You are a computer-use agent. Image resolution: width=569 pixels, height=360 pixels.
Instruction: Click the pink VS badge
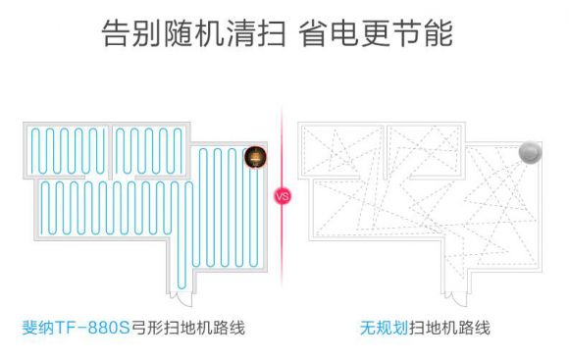coord(283,196)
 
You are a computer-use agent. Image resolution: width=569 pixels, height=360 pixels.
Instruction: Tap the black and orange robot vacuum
coord(255,157)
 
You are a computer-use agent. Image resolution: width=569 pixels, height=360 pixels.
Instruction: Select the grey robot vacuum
coord(530,152)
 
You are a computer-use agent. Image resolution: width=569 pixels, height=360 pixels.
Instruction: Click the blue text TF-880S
coord(92,328)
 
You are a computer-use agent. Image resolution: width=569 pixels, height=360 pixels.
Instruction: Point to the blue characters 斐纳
coord(38,328)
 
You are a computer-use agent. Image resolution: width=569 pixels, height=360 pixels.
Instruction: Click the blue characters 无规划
coord(384,328)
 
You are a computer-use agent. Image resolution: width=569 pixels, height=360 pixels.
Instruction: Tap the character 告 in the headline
coord(116,33)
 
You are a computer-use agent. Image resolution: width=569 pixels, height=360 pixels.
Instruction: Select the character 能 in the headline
coord(439,33)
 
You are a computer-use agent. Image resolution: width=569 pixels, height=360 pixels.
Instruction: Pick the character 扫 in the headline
coord(273,33)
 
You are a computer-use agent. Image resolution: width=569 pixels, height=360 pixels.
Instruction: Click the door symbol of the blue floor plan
coord(181,298)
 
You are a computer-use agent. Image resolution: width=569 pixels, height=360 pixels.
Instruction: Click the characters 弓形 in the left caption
coord(147,328)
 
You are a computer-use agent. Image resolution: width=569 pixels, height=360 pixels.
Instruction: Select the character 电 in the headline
coord(344,33)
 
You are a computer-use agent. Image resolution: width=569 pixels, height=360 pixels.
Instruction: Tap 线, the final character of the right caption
coord(483,328)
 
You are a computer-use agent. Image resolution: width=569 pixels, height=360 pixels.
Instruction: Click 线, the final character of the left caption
coord(236,328)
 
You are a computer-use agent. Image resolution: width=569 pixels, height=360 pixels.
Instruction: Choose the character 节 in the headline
coord(407,33)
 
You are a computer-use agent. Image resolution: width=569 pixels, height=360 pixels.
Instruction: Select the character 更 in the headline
coord(376,33)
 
